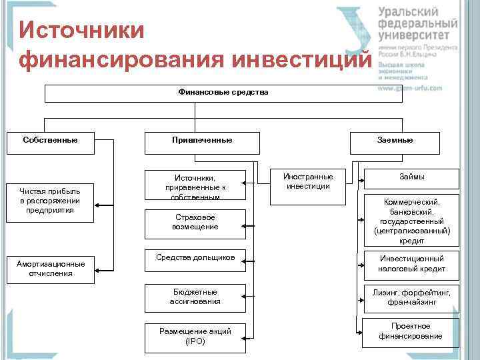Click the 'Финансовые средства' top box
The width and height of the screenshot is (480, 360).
(224, 93)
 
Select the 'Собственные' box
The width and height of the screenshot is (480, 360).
(49, 141)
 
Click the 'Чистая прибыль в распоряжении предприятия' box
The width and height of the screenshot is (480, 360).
(50, 201)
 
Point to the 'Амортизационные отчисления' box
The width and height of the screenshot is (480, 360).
(50, 268)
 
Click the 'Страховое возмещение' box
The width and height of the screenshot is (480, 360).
(195, 223)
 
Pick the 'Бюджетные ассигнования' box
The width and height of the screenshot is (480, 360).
(195, 298)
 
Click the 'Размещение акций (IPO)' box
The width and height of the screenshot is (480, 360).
(195, 337)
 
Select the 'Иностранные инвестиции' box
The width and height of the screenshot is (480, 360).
(308, 181)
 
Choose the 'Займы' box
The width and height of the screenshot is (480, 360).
(411, 177)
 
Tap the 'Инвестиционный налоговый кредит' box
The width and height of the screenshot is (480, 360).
(411, 264)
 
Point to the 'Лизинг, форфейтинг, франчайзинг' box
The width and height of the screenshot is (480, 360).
(411, 298)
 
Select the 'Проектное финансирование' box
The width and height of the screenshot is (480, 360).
(411, 331)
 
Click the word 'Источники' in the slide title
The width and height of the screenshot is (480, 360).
(82, 31)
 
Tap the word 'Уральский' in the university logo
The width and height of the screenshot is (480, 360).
(408, 13)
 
